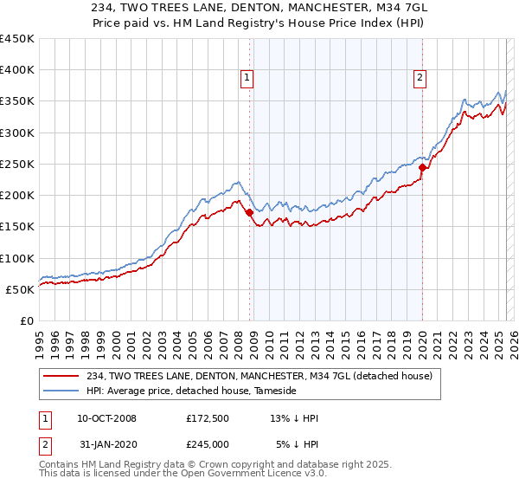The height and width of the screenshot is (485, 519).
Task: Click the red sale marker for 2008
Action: pyautogui.click(x=249, y=212)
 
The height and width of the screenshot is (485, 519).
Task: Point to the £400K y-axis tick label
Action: pyautogui.click(x=16, y=70)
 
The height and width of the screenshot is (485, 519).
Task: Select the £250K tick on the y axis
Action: pyautogui.click(x=16, y=164)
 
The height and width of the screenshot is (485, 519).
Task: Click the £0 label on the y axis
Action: pyautogui.click(x=26, y=320)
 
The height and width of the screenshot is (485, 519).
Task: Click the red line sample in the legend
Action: pyautogui.click(x=62, y=375)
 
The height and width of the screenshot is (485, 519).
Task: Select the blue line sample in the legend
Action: pyautogui.click(x=62, y=391)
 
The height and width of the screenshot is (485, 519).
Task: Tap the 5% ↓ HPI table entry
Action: pyautogui.click(x=294, y=445)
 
